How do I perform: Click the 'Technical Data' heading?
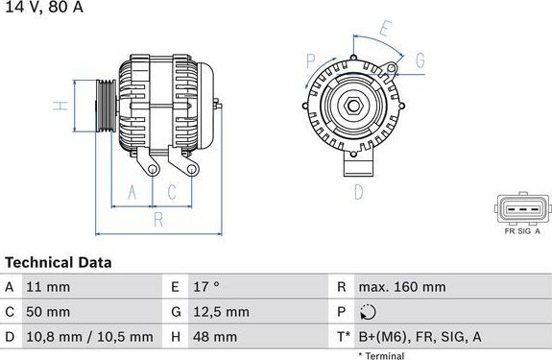59,262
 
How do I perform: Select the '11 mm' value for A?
48,287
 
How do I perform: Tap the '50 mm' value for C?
49,312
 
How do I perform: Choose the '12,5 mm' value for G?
221,312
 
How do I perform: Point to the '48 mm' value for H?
214,337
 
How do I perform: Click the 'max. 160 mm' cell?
401,287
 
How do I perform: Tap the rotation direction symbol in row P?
371,312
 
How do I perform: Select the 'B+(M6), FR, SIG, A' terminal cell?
420,337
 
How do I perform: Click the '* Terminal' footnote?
381,355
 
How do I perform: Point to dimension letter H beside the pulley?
58,107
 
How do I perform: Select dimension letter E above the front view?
384,30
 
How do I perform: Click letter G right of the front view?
420,61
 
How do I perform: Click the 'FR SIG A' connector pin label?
523,231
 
